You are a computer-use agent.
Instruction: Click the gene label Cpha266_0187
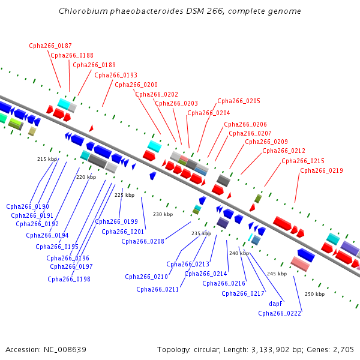click(x=50, y=46)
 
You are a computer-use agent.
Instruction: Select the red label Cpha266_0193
click(x=116, y=75)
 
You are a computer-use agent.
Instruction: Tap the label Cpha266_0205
click(x=239, y=101)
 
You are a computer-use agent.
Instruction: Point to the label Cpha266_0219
click(x=322, y=170)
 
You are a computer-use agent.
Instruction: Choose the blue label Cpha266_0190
click(x=28, y=206)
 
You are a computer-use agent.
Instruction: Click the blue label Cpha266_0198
click(x=69, y=279)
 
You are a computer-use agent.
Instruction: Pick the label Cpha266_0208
click(x=143, y=241)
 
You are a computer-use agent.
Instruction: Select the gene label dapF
click(x=275, y=304)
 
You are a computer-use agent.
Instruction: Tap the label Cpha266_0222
click(x=280, y=313)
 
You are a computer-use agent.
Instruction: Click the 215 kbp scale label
click(x=47, y=159)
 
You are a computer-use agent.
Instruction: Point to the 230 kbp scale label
click(x=163, y=214)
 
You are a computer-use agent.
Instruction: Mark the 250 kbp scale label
click(x=314, y=294)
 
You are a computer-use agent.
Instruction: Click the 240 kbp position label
click(x=239, y=253)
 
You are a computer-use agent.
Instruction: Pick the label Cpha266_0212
click(x=284, y=151)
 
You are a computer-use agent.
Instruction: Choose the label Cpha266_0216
click(x=224, y=283)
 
